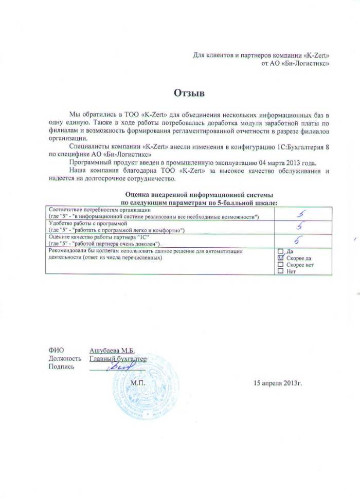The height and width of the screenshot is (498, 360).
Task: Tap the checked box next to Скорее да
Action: [280, 258]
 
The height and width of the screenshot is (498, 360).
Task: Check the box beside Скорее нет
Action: [280, 265]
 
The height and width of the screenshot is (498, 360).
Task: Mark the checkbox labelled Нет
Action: [280, 271]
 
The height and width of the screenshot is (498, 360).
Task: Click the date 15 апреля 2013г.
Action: [277, 383]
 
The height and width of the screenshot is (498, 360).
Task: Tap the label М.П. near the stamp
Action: [138, 383]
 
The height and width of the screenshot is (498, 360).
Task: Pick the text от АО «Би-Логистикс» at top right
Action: [295, 63]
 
